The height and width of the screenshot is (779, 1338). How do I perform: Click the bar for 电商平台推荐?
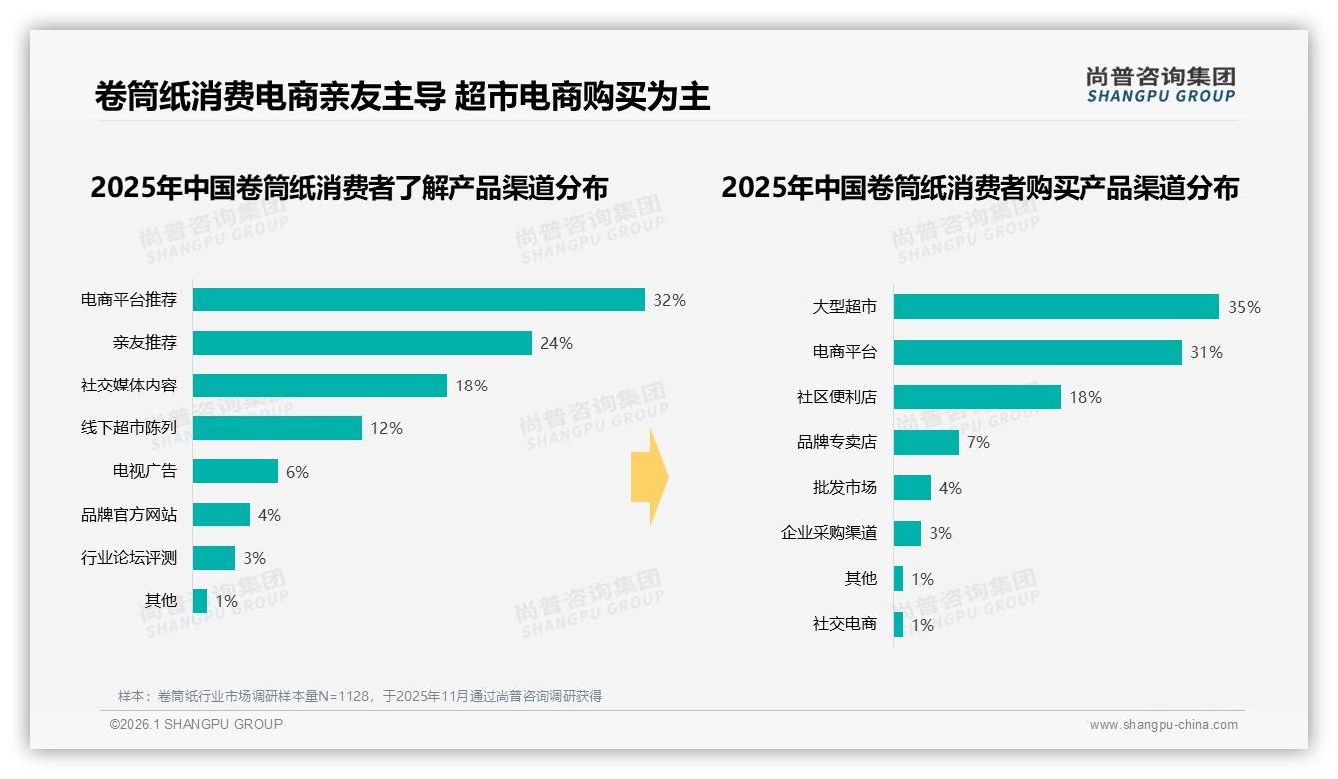coord(418,300)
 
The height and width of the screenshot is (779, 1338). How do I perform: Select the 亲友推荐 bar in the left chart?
coord(361,343)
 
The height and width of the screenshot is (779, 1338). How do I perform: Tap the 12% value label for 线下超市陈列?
coord(386,428)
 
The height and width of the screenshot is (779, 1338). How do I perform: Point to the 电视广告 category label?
coord(144,471)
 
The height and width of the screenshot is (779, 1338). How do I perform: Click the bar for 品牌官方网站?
coord(221,515)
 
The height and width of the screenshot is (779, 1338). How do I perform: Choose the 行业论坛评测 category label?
coord(129,558)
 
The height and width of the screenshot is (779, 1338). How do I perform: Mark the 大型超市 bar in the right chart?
coord(1055,307)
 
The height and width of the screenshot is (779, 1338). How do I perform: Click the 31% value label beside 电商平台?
coord(1206,353)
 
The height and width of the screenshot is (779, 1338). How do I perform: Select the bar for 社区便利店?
coord(977,397)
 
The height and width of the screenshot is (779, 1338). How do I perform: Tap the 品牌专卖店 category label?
coord(836,442)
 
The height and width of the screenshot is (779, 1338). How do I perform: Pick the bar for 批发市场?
coord(912,488)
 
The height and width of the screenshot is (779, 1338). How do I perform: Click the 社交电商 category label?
coord(844,625)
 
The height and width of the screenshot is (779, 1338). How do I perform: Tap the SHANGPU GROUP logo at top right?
coord(1160,85)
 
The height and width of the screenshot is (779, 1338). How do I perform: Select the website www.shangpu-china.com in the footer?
coord(1163,725)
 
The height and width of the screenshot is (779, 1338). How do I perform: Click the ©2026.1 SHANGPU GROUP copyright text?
coord(196,724)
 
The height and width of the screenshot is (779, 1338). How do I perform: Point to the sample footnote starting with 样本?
coord(359,696)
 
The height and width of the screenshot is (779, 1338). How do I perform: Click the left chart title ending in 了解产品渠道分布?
coord(348,188)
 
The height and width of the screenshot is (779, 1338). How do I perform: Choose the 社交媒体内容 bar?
coord(320,386)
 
